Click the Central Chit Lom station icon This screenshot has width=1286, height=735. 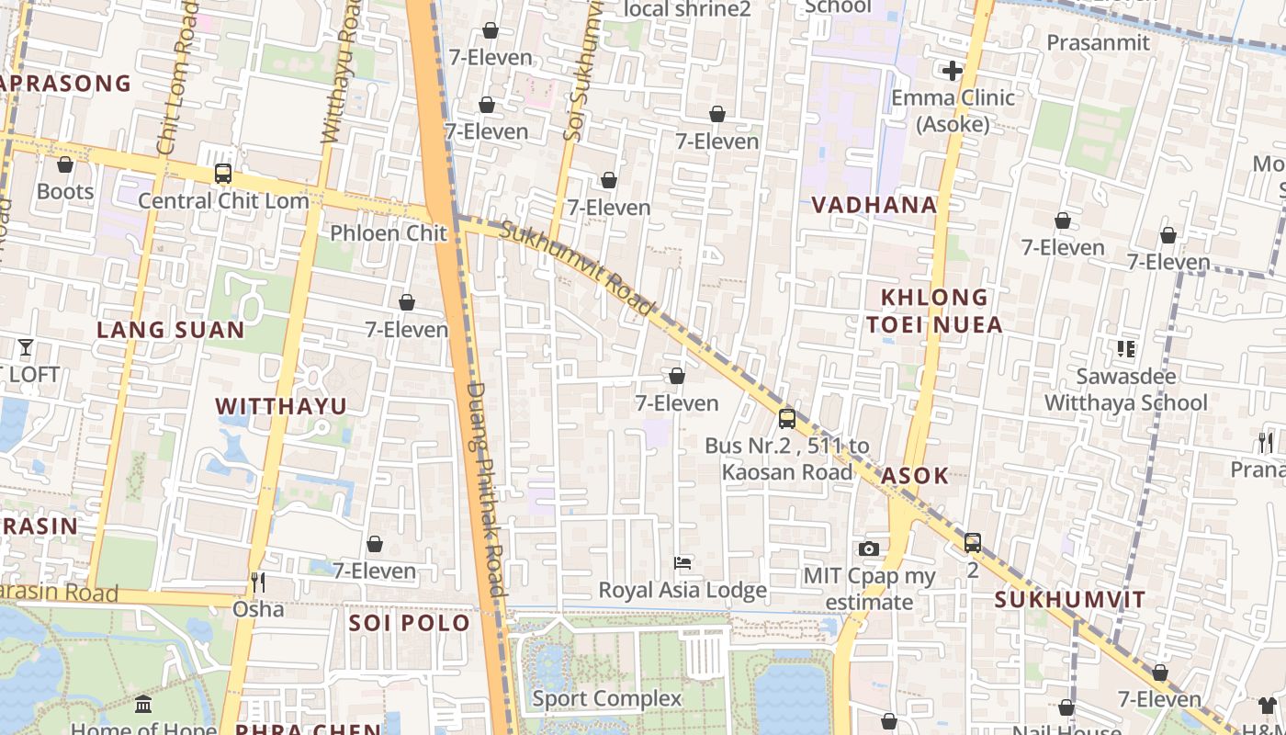click(222, 173)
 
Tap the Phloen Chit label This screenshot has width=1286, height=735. click(389, 233)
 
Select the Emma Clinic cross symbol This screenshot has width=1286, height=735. click(953, 70)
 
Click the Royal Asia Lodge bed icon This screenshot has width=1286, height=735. click(682, 562)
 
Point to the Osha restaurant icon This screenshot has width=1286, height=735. click(258, 582)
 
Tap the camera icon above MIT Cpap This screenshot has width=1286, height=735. click(869, 549)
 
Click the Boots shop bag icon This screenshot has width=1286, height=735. click(65, 164)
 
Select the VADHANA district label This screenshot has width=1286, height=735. click(874, 205)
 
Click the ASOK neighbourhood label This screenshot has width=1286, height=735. click(914, 476)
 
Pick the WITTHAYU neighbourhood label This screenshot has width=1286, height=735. click(281, 406)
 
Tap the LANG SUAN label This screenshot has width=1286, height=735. click(171, 330)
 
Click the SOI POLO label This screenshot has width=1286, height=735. click(410, 623)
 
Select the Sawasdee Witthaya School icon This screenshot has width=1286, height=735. click(1126, 349)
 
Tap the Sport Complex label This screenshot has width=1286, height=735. click(607, 698)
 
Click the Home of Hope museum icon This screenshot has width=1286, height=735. click(143, 705)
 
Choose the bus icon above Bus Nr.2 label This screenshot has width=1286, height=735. click(786, 418)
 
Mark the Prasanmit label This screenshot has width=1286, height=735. click(1098, 43)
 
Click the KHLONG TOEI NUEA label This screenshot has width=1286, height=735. click(935, 311)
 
